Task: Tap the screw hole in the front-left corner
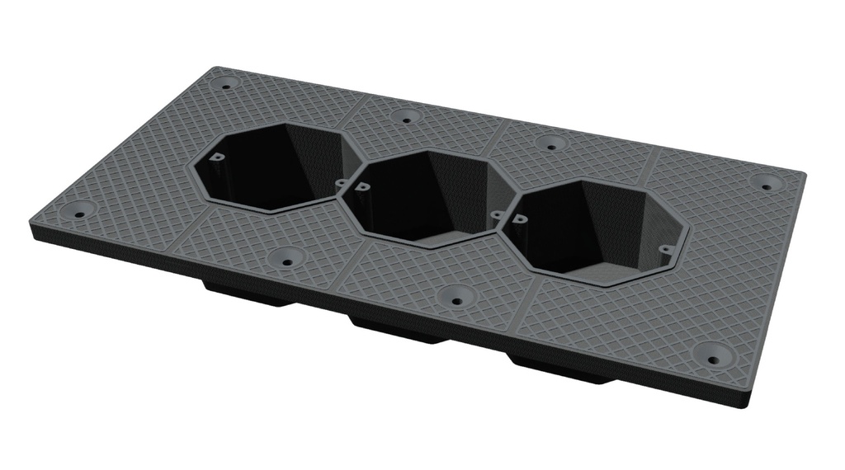click(x=79, y=214)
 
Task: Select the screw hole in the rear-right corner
click(x=767, y=186)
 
